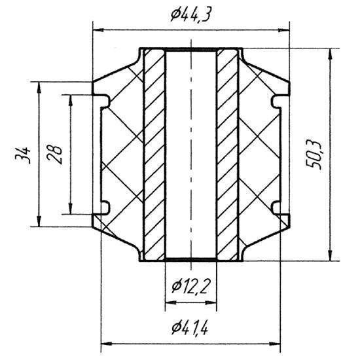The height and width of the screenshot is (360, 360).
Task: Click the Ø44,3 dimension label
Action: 190,15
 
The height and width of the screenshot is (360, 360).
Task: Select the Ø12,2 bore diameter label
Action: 190,287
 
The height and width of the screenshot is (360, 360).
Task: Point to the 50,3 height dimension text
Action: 314,155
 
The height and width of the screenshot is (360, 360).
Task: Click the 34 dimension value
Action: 22,155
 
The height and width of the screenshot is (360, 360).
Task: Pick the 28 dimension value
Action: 54,154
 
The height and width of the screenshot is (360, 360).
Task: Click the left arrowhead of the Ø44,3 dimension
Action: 98,30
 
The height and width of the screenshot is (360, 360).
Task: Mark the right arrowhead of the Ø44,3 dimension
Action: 283,30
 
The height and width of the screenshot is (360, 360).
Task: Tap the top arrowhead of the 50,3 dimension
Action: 330,54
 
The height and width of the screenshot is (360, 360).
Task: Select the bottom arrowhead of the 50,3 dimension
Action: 330,255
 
